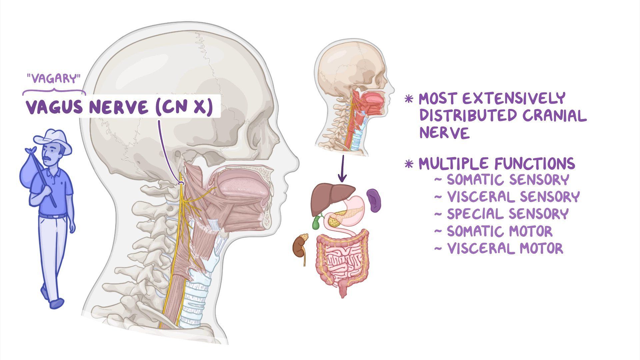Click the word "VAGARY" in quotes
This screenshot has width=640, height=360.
(x=54, y=79)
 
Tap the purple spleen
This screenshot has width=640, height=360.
(x=374, y=200)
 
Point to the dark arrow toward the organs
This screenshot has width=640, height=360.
(x=342, y=168)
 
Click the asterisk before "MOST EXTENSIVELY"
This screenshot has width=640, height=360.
(x=409, y=99)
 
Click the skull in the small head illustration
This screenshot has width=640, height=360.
(x=350, y=70)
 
